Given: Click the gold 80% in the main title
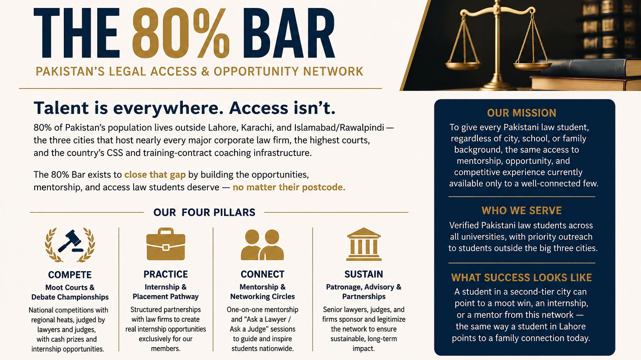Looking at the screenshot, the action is [181, 33].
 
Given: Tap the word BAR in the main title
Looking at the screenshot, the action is [289, 33].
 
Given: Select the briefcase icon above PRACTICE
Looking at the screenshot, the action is [166, 244].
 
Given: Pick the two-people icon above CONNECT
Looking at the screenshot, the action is [262, 245].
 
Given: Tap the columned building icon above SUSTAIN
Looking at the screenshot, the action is [364, 244].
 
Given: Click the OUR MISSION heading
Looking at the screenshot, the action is [522, 113].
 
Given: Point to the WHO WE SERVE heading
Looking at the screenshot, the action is [522, 211].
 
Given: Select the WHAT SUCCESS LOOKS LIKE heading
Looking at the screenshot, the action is [522, 278].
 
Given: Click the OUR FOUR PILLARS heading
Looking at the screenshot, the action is [204, 212].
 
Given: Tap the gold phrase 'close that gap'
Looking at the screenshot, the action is [155, 175].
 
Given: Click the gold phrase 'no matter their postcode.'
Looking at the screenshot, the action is [289, 187].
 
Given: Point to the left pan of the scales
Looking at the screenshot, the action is [463, 65].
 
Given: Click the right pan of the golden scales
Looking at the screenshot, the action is [532, 66].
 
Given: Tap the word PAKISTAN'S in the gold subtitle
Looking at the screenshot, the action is [71, 71].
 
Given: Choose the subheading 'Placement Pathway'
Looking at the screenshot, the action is [166, 297].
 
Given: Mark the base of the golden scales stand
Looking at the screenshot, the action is [497, 86].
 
